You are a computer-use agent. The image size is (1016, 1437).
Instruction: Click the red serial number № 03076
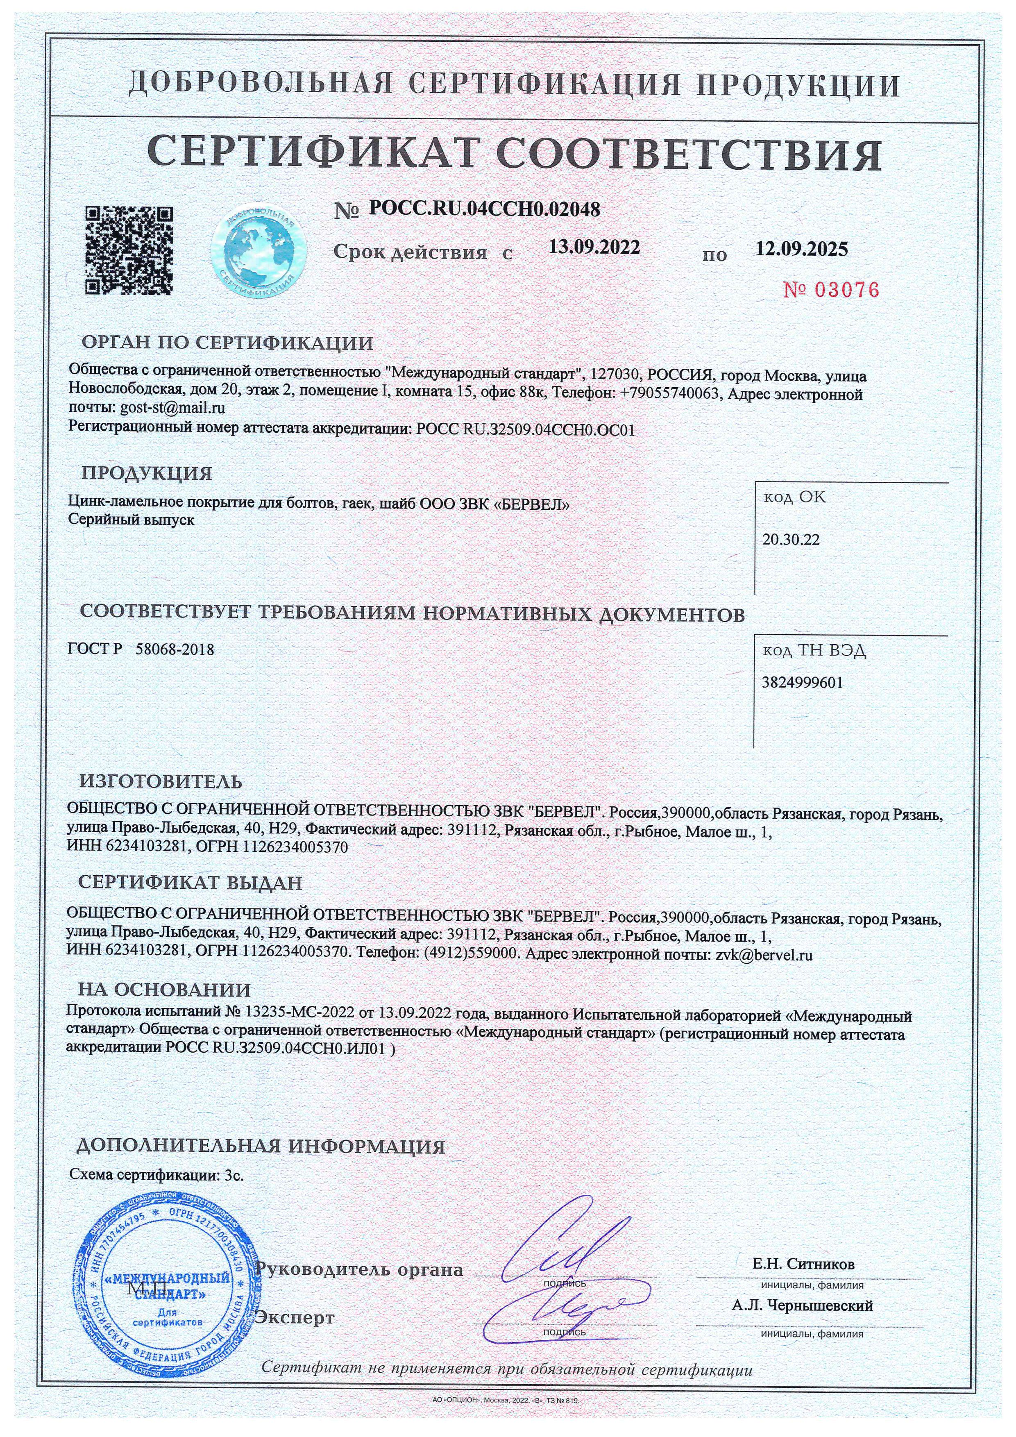tap(832, 289)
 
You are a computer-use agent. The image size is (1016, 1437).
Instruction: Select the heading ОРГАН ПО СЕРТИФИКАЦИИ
tap(228, 343)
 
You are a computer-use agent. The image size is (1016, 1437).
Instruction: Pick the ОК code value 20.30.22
tap(791, 540)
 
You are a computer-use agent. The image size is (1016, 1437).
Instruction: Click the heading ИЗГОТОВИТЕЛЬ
tap(161, 782)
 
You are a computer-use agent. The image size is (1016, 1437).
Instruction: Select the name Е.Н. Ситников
tap(803, 1263)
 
